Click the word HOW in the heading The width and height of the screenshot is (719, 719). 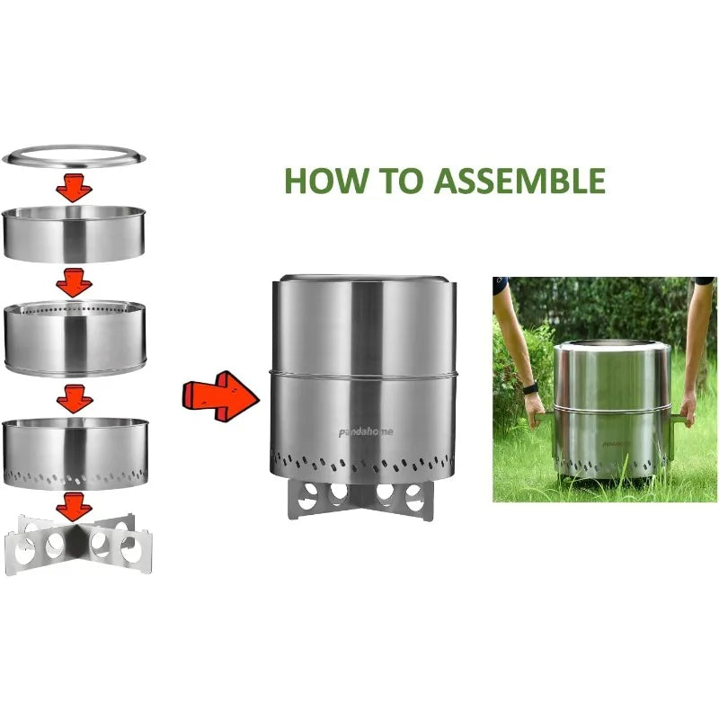click(325, 181)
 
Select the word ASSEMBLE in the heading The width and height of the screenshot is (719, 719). click(519, 181)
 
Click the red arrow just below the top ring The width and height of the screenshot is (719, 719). click(74, 188)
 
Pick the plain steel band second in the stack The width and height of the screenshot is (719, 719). click(74, 234)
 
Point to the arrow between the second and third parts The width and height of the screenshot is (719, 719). click(74, 283)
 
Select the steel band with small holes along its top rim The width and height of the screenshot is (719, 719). click(75, 339)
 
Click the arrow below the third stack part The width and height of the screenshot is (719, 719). click(75, 399)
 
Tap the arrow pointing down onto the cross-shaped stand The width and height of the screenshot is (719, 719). click(74, 507)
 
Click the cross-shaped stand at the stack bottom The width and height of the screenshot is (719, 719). click(78, 545)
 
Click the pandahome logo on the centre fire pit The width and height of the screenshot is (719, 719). click(366, 432)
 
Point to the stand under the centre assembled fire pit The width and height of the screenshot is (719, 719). click(360, 501)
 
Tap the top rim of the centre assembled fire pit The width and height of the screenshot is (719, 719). click(365, 280)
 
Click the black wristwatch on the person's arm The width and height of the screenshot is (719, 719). click(530, 389)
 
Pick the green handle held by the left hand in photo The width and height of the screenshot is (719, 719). click(545, 419)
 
